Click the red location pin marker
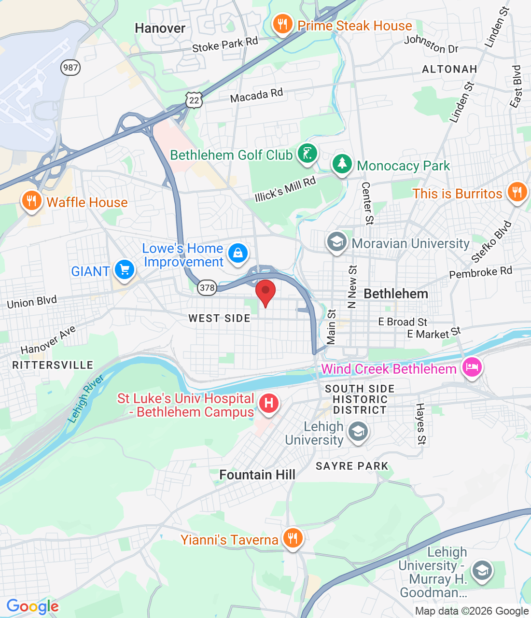pyautogui.click(x=265, y=291)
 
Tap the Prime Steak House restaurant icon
pyautogui.click(x=282, y=24)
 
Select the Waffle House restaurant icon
pyautogui.click(x=31, y=200)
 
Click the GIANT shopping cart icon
pyautogui.click(x=125, y=270)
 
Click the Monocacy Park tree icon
pyautogui.click(x=342, y=164)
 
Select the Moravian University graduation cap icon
pyautogui.click(x=336, y=242)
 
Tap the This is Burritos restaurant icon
pyautogui.click(x=517, y=192)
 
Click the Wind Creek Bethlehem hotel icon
pyautogui.click(x=472, y=367)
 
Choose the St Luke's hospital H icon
pyautogui.click(x=269, y=403)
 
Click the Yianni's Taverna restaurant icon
pyautogui.click(x=293, y=537)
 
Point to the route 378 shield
pyautogui.click(x=207, y=288)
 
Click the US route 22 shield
pyautogui.click(x=194, y=100)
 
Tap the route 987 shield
pyautogui.click(x=70, y=67)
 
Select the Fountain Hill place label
pyautogui.click(x=257, y=475)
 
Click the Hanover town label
pyautogui.click(x=160, y=28)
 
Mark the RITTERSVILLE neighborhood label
pyautogui.click(x=53, y=365)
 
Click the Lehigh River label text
pyautogui.click(x=86, y=399)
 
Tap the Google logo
pyautogui.click(x=32, y=606)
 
